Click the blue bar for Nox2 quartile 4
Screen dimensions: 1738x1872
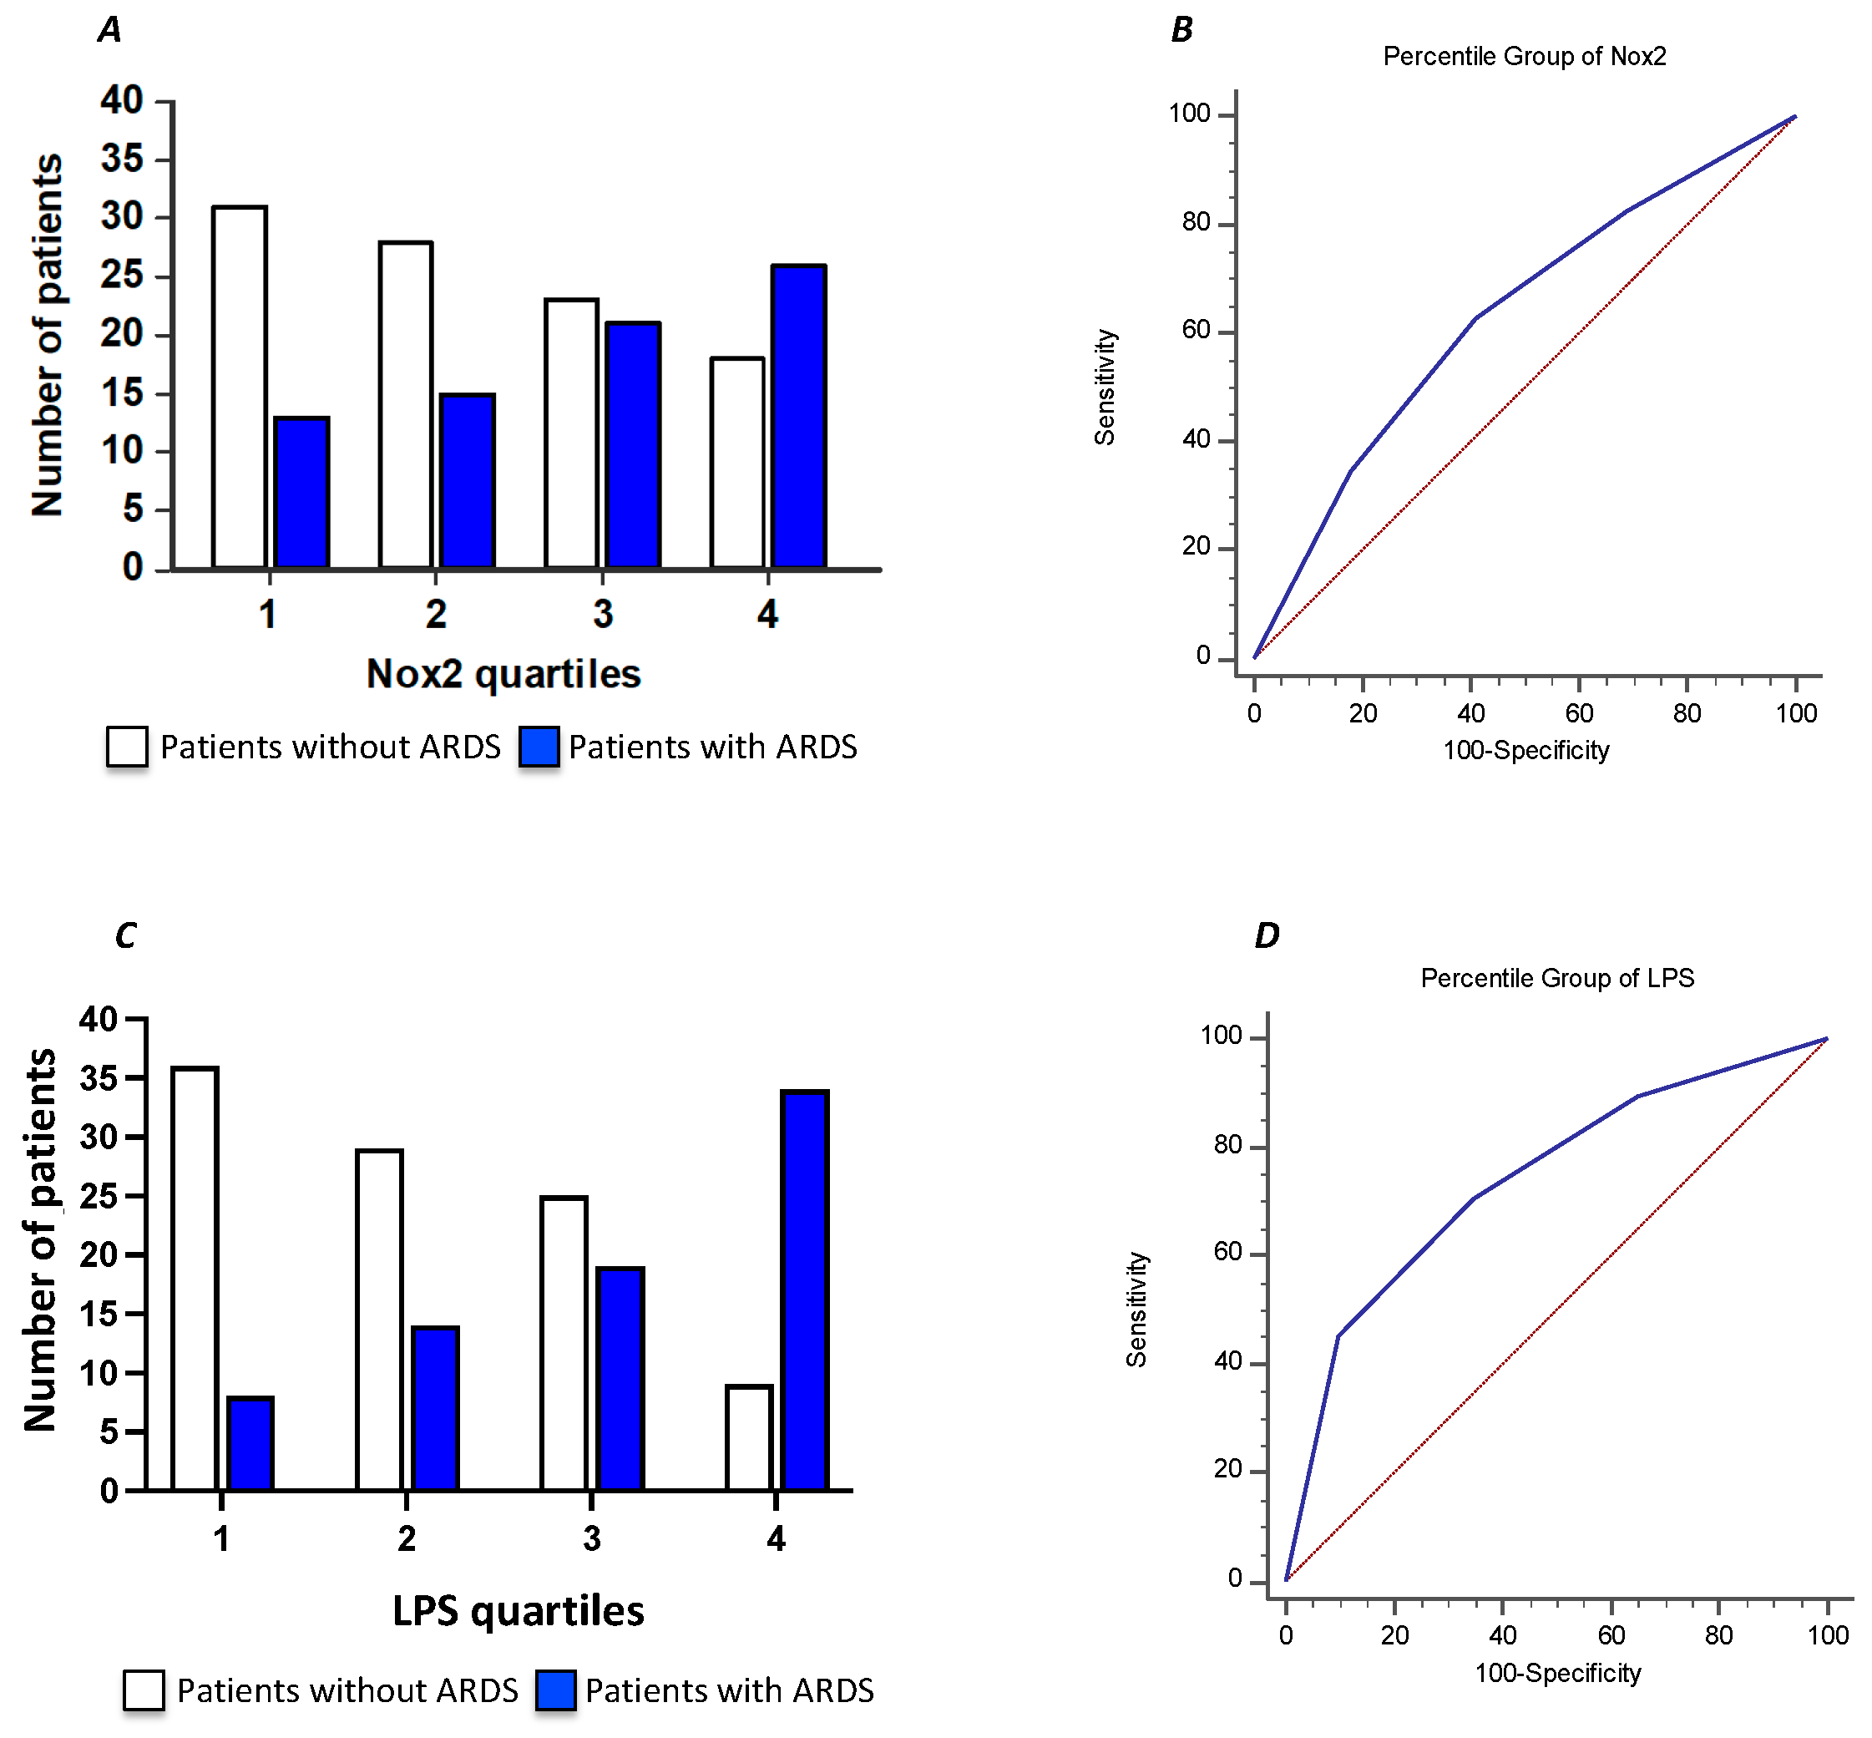(798, 417)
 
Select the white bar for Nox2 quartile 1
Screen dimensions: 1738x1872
(240, 387)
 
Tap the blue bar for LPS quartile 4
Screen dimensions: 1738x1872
(806, 1290)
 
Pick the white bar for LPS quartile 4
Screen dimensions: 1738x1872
(749, 1438)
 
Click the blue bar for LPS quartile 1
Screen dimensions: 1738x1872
(250, 1444)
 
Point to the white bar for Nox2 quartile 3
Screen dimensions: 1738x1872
(572, 433)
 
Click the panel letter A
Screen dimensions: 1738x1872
(110, 30)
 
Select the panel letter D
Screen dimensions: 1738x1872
(1267, 935)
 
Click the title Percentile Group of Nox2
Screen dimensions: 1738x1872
(1524, 57)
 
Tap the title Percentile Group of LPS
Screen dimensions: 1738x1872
(1557, 978)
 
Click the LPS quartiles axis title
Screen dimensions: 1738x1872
(518, 1611)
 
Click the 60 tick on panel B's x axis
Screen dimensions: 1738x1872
(1579, 713)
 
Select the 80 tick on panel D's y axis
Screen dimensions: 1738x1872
(1228, 1144)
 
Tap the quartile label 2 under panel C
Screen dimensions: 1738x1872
(406, 1538)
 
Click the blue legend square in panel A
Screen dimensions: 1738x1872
(539, 747)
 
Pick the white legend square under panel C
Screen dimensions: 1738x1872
(144, 1690)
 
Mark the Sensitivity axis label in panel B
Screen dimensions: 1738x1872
(1105, 387)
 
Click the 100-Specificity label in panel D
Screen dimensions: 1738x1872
(1557, 1673)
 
